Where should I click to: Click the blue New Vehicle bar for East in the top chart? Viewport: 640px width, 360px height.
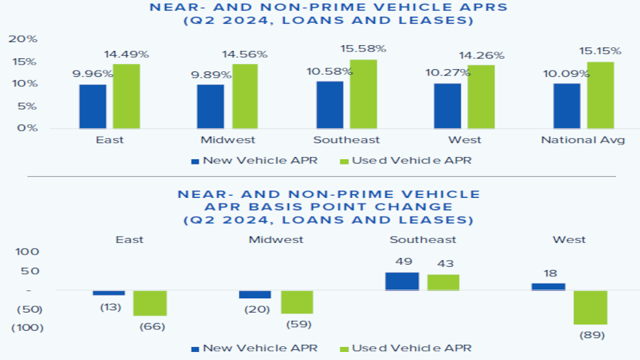tap(92, 106)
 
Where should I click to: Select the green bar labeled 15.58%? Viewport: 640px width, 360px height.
tap(363, 94)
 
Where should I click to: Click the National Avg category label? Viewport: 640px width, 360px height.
tap(583, 140)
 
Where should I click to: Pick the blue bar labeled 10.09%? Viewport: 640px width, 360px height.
tap(567, 105)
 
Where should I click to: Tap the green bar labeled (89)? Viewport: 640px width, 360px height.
tap(590, 308)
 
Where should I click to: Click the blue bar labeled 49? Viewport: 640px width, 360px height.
tap(402, 281)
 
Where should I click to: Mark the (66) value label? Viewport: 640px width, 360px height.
tap(152, 327)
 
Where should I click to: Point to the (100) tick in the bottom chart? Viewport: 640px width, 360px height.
tap(27, 327)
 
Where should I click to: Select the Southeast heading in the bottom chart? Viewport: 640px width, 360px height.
tap(423, 239)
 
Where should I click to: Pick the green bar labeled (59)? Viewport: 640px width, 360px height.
tap(297, 302)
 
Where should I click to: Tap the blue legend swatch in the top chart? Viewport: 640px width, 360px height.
tap(194, 161)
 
